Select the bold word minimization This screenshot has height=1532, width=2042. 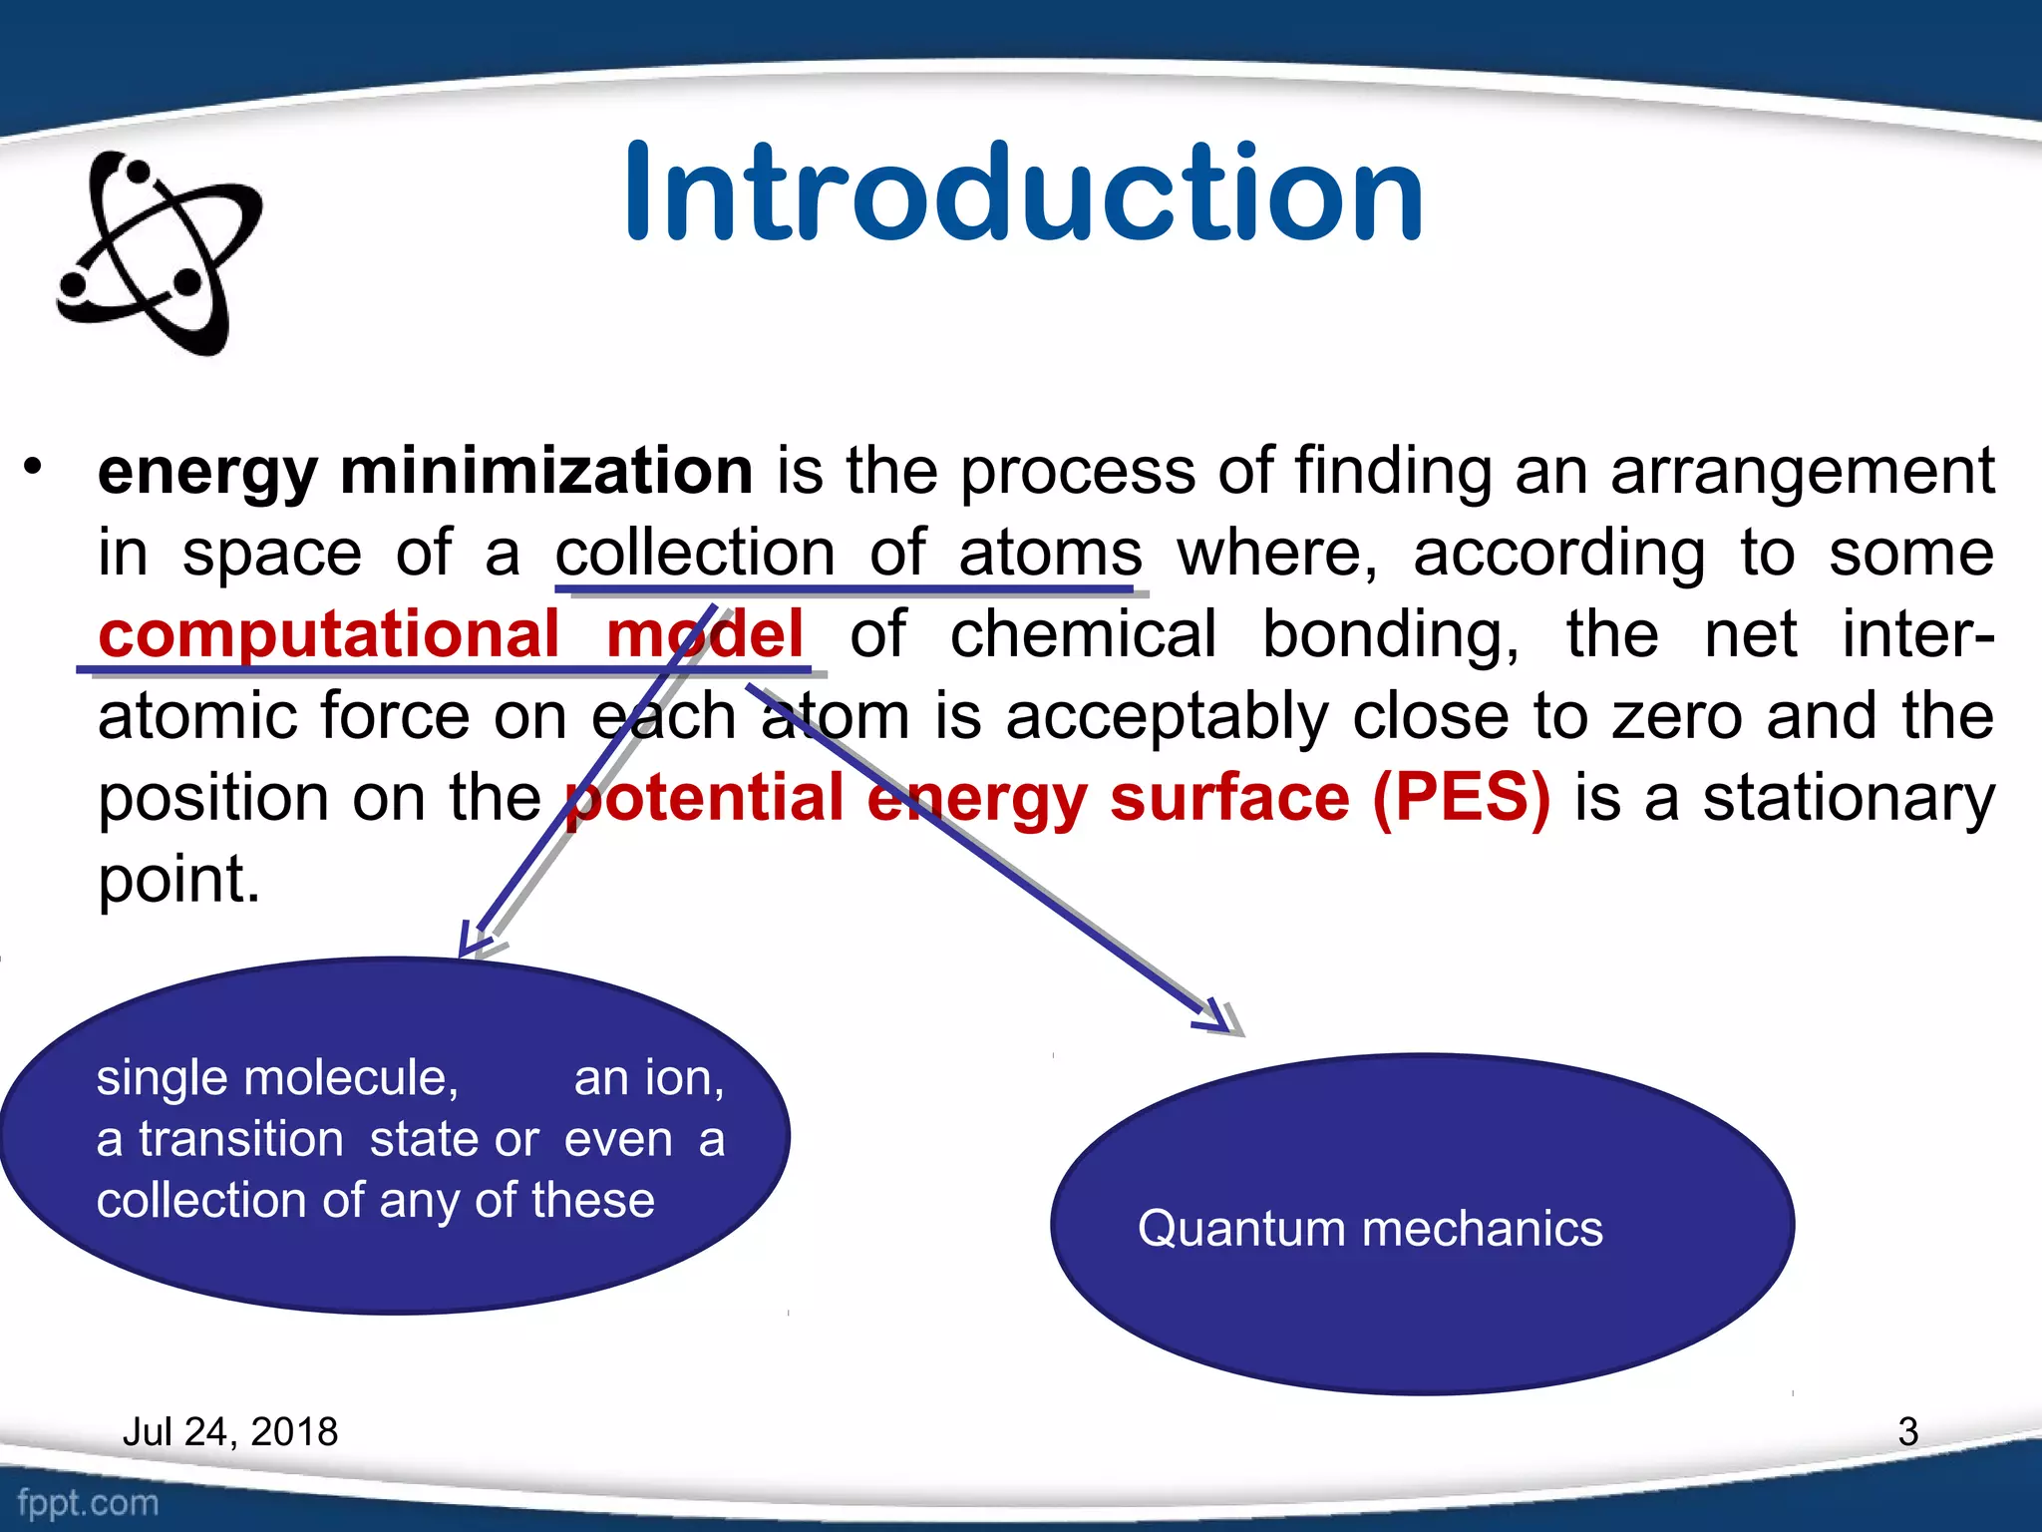pos(545,471)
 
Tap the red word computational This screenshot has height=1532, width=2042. pos(329,634)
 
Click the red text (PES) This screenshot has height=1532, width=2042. pos(1461,798)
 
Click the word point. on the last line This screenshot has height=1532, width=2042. pos(178,880)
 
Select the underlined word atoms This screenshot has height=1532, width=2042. pos(1049,553)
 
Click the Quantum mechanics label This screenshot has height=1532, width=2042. pos(1369,1228)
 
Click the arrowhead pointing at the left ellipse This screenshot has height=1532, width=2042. pos(474,941)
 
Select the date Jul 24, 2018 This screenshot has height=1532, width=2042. pos(229,1431)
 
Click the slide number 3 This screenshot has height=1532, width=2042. pos(1907,1431)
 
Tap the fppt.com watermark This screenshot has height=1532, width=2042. pos(88,1502)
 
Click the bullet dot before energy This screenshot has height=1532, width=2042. pos(34,466)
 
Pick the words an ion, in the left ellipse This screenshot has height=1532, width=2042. pos(648,1078)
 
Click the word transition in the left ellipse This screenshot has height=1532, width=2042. pos(240,1139)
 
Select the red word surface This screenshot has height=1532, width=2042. pos(1229,798)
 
